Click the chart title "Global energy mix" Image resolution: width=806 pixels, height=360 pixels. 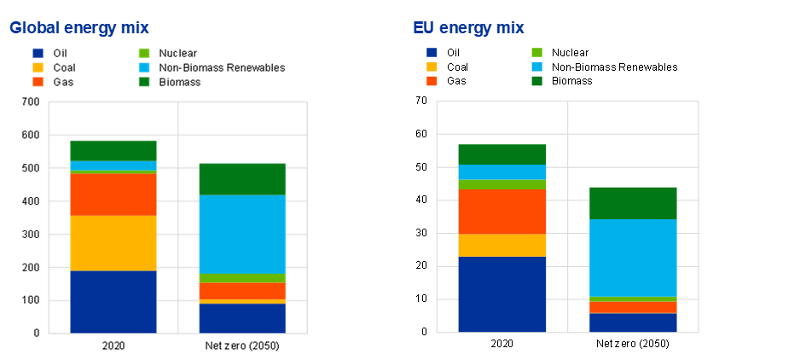pyautogui.click(x=78, y=28)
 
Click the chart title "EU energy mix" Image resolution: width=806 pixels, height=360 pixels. pyautogui.click(x=468, y=28)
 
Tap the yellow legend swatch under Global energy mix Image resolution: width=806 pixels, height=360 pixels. pyautogui.click(x=38, y=67)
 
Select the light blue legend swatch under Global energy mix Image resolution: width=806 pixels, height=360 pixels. pyautogui.click(x=144, y=67)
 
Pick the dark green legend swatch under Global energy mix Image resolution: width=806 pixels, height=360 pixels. pyautogui.click(x=144, y=82)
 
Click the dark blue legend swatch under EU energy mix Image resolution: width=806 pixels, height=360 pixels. pyautogui.click(x=432, y=53)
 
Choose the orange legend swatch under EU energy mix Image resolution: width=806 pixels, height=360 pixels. pyautogui.click(x=432, y=81)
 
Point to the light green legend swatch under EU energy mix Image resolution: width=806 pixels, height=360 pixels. pyautogui.click(x=537, y=53)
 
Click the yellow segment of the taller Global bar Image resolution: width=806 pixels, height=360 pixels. pyautogui.click(x=113, y=243)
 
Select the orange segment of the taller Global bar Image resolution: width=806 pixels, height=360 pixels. pyautogui.click(x=113, y=195)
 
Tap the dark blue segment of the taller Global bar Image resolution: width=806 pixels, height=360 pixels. pyautogui.click(x=113, y=301)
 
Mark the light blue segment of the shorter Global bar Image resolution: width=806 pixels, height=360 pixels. pyautogui.click(x=242, y=235)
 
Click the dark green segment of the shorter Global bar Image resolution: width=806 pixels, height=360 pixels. pyautogui.click(x=242, y=179)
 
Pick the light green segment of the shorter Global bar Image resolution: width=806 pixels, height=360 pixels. pyautogui.click(x=242, y=278)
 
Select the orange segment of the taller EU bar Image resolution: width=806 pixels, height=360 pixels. pyautogui.click(x=502, y=212)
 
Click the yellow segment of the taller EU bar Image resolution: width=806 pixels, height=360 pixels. pyautogui.click(x=502, y=246)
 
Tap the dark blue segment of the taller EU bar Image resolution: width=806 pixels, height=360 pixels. pyautogui.click(x=502, y=294)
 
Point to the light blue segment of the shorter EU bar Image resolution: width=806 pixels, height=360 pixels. pyautogui.click(x=634, y=258)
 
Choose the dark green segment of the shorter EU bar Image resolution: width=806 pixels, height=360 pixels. pyautogui.click(x=634, y=203)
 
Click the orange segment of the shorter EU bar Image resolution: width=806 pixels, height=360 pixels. pyautogui.click(x=634, y=307)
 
